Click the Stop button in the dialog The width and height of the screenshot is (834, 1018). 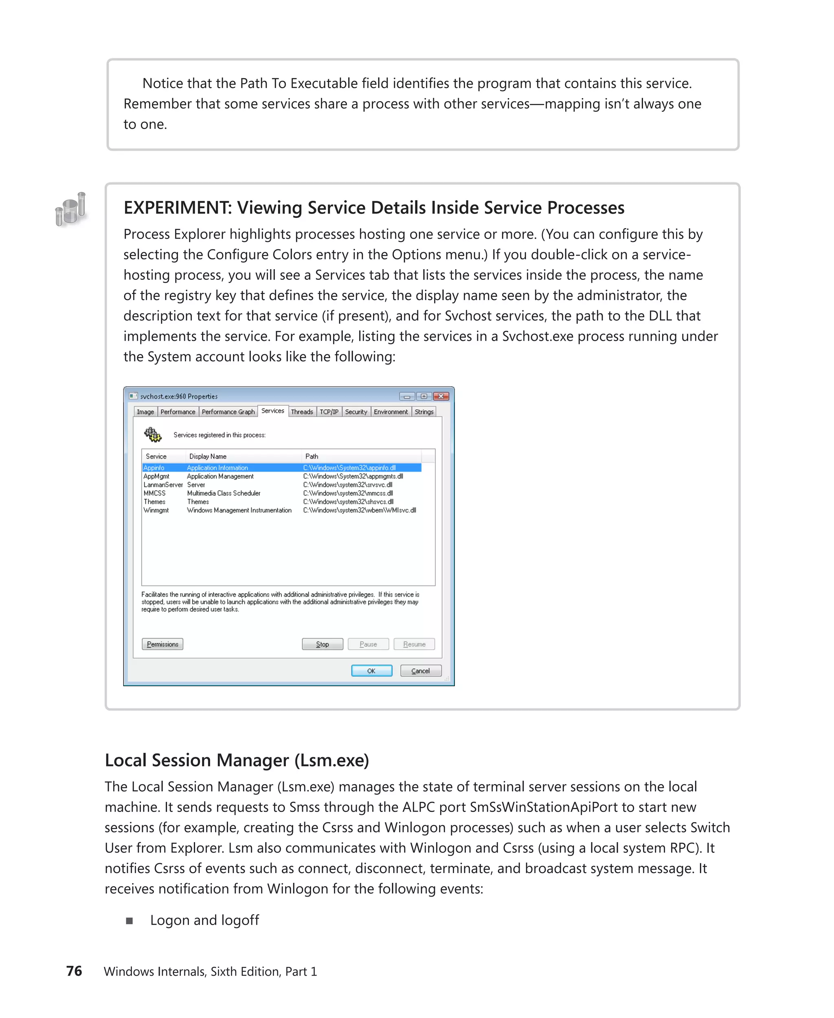pyautogui.click(x=323, y=644)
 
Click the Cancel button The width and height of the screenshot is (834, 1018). pyautogui.click(x=420, y=671)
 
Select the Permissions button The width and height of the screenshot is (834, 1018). pyautogui.click(x=162, y=644)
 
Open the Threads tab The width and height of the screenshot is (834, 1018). pyautogui.click(x=302, y=412)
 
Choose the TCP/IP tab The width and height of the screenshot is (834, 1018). pyautogui.click(x=329, y=412)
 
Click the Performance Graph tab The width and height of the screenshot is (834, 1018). pyautogui.click(x=228, y=412)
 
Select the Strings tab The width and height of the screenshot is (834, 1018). pyautogui.click(x=424, y=412)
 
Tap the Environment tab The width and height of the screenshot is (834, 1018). pyautogui.click(x=391, y=412)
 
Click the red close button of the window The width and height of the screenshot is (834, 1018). pyautogui.click(x=441, y=396)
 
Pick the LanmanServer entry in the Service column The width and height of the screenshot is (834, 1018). pyautogui.click(x=163, y=485)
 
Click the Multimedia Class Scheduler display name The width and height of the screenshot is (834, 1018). pyautogui.click(x=224, y=494)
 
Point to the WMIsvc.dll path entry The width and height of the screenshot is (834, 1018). pyautogui.click(x=359, y=510)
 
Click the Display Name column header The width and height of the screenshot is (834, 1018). pyautogui.click(x=208, y=456)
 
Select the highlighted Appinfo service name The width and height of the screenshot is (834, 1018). pyautogui.click(x=154, y=468)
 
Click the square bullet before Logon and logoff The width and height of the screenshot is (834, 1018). pyautogui.click(x=129, y=921)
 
